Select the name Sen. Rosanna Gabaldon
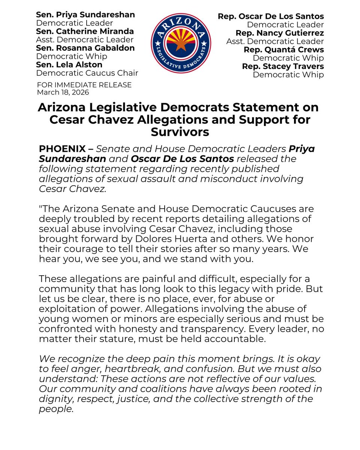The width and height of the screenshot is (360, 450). (x=85, y=48)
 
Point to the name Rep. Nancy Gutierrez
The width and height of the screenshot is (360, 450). (x=279, y=33)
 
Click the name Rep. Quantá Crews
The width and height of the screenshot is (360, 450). (x=283, y=49)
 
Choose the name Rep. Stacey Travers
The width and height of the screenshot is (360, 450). (x=283, y=66)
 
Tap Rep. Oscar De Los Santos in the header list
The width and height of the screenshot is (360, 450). (x=271, y=16)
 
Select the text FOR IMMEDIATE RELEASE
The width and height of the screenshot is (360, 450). (x=84, y=85)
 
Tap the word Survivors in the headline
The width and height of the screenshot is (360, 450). (x=180, y=132)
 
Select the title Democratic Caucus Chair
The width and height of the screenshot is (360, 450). (x=87, y=73)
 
